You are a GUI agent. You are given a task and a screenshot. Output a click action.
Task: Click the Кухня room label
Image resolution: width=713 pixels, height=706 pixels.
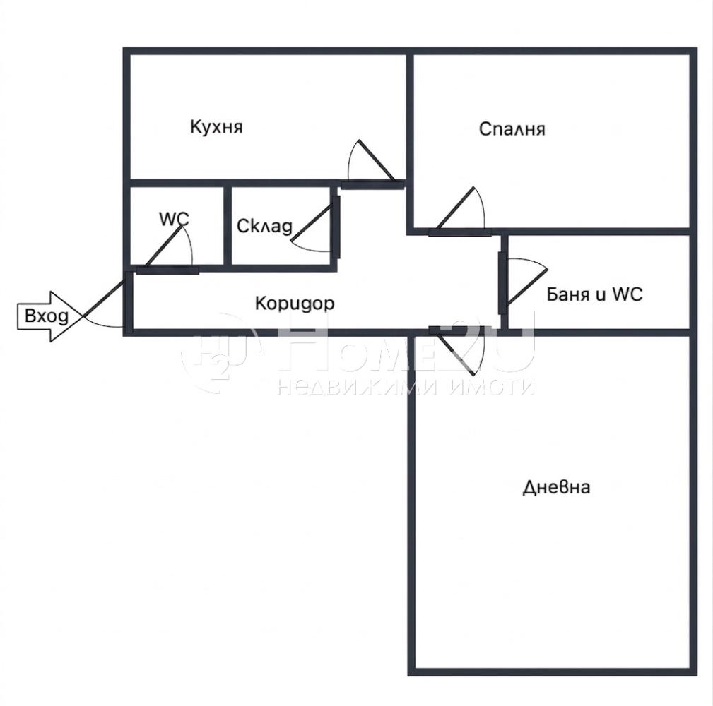click(x=216, y=127)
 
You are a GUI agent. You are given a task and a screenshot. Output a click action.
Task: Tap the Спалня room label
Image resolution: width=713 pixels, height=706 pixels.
click(x=512, y=129)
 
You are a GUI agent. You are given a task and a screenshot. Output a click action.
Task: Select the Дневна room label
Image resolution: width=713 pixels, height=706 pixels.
click(x=557, y=487)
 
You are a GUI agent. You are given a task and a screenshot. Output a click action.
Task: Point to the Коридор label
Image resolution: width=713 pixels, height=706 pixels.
click(x=295, y=304)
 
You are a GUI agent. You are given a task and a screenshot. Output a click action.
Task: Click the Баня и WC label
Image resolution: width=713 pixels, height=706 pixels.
click(x=594, y=294)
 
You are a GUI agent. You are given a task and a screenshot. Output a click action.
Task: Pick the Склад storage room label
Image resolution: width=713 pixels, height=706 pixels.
click(x=265, y=226)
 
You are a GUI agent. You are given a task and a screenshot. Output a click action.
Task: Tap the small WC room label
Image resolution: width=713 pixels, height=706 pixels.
click(x=174, y=219)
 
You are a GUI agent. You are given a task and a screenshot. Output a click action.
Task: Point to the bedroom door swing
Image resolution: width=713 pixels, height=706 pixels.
click(x=460, y=208)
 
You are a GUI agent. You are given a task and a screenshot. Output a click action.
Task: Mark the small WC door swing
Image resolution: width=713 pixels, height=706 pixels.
click(x=169, y=246)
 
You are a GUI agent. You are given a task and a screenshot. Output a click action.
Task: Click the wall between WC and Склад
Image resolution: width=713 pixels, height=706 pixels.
click(x=228, y=225)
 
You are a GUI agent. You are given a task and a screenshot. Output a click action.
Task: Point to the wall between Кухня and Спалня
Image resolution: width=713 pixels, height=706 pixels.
click(x=410, y=140)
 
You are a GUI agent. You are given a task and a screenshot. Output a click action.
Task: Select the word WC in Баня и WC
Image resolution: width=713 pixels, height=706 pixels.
click(x=627, y=294)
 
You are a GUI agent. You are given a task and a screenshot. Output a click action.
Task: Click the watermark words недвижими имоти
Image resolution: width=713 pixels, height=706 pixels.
click(x=406, y=388)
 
